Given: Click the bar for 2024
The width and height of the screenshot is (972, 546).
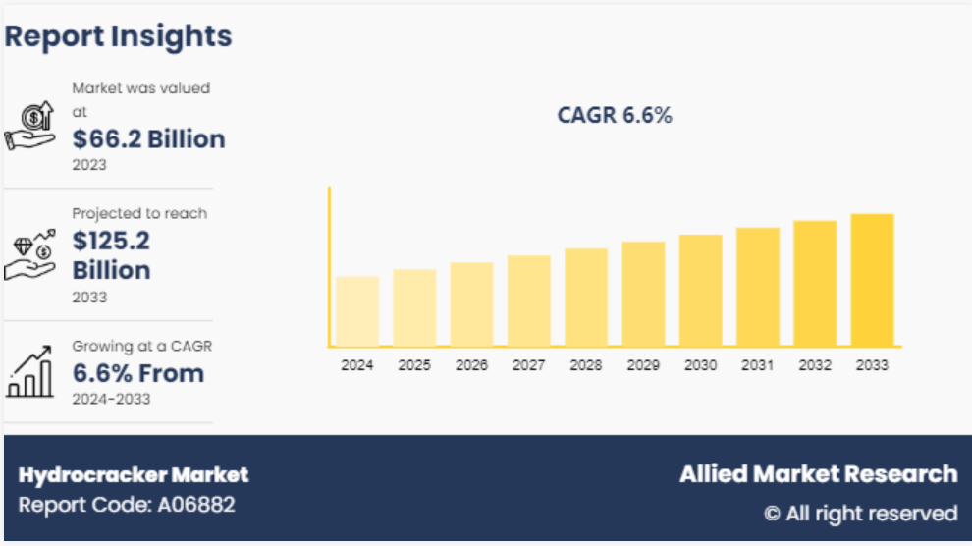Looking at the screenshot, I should (357, 310).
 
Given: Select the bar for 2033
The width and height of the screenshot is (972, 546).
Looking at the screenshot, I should (872, 280).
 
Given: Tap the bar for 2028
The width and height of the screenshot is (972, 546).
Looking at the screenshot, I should (586, 297).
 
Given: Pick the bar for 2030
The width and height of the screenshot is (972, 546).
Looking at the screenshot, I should (700, 290).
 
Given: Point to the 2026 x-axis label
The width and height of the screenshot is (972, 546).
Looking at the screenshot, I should (471, 365).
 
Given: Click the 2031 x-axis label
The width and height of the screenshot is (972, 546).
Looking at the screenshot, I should (757, 365).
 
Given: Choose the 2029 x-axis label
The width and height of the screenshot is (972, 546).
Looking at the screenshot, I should (643, 365).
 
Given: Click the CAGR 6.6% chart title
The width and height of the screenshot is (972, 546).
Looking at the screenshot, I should (615, 115).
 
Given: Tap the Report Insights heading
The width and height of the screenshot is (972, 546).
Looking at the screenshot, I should (119, 36).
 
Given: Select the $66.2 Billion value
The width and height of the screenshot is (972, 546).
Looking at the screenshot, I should (149, 139).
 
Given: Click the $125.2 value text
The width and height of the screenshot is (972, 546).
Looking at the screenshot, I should (111, 240).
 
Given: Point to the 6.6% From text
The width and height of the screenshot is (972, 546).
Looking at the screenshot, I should (138, 373).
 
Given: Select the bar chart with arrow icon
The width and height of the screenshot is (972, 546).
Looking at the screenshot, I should (30, 373).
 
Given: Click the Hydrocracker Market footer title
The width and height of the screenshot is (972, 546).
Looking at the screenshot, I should (134, 475).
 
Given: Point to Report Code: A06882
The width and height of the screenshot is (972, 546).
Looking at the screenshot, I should (127, 506).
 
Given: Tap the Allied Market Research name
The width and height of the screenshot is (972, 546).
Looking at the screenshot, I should (818, 474).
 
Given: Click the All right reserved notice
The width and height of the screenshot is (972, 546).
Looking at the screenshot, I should (860, 513).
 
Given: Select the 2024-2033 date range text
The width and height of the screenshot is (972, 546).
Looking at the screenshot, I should (111, 399).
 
